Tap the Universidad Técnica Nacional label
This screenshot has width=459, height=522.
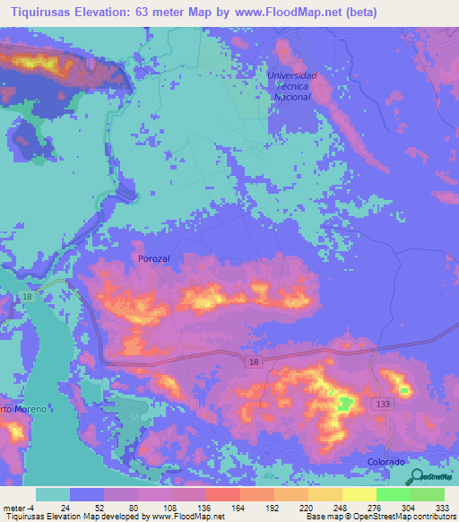(x=292, y=86)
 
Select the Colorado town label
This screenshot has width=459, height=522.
(x=386, y=461)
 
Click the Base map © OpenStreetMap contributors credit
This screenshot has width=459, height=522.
(x=379, y=517)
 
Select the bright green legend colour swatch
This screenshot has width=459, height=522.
(x=393, y=494)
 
